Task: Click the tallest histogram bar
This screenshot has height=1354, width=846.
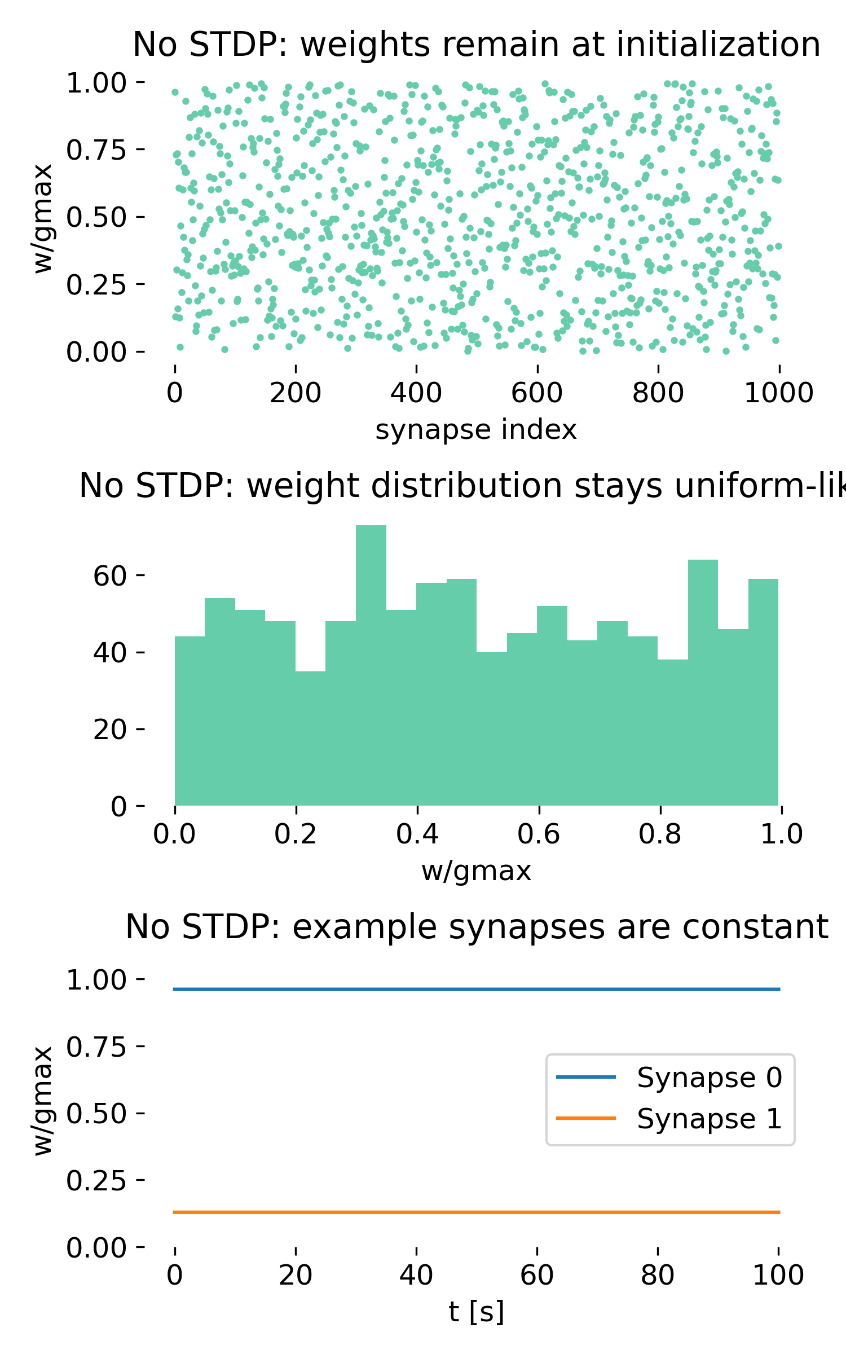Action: click(371, 666)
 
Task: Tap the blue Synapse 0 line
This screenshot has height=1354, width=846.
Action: click(477, 990)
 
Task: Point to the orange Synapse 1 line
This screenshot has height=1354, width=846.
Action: click(477, 1212)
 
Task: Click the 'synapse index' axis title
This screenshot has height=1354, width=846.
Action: click(476, 430)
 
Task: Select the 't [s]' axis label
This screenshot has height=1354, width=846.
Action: click(476, 1312)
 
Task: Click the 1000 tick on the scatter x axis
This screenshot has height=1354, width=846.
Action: click(778, 393)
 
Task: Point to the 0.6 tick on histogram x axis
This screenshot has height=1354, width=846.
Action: click(539, 834)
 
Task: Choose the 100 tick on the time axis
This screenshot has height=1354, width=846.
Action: click(778, 1276)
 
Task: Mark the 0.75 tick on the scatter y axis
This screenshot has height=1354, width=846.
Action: click(96, 150)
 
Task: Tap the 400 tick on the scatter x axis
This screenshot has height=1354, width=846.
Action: click(416, 393)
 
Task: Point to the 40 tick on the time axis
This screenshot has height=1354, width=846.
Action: click(416, 1276)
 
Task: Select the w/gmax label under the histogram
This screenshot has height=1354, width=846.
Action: click(476, 871)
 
